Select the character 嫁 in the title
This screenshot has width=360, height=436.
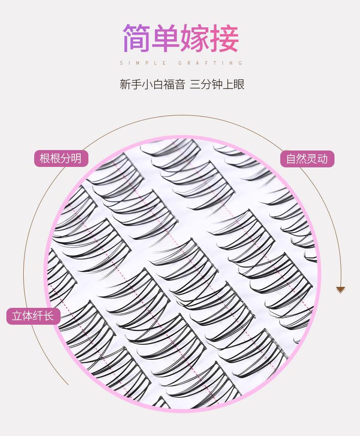pyautogui.click(x=195, y=38)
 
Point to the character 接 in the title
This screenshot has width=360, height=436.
pyautogui.click(x=225, y=38)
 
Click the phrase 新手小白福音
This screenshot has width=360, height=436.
pyautogui.click(x=152, y=84)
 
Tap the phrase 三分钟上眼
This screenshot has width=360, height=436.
pyautogui.click(x=217, y=84)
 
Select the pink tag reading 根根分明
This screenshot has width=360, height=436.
pyautogui.click(x=61, y=158)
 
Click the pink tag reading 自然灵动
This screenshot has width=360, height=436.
pyautogui.click(x=307, y=159)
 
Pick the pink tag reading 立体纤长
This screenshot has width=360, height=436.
pyautogui.click(x=33, y=316)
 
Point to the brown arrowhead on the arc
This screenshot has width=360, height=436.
pyautogui.click(x=340, y=290)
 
